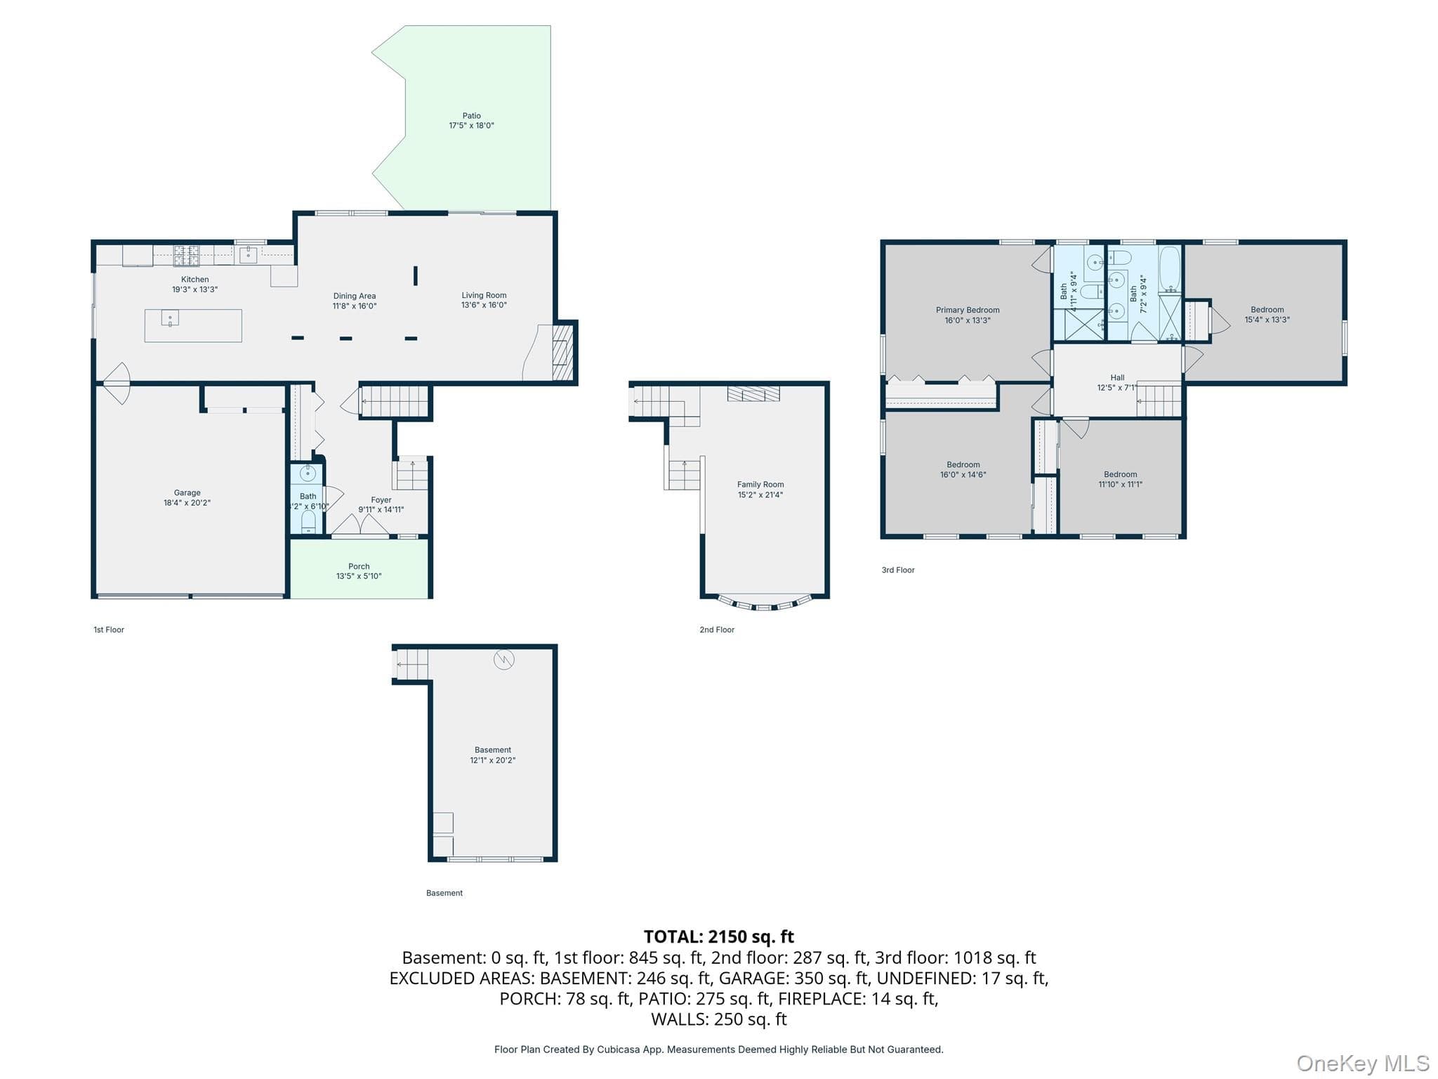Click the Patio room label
tap(471, 121)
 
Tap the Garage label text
tap(187, 497)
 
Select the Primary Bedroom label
tap(968, 315)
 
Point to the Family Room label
tap(760, 490)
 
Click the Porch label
tap(359, 571)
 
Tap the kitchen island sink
tap(170, 318)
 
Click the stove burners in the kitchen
tap(186, 255)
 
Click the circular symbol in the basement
tap(504, 659)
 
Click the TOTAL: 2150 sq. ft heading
tap(719, 936)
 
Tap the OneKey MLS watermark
tap(1363, 1063)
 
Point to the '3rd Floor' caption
tap(898, 570)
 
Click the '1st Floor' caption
tap(109, 629)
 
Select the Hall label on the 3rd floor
tap(1117, 382)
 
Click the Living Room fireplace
tap(562, 351)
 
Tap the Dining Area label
tap(355, 301)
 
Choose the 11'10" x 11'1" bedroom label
tap(1120, 479)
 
